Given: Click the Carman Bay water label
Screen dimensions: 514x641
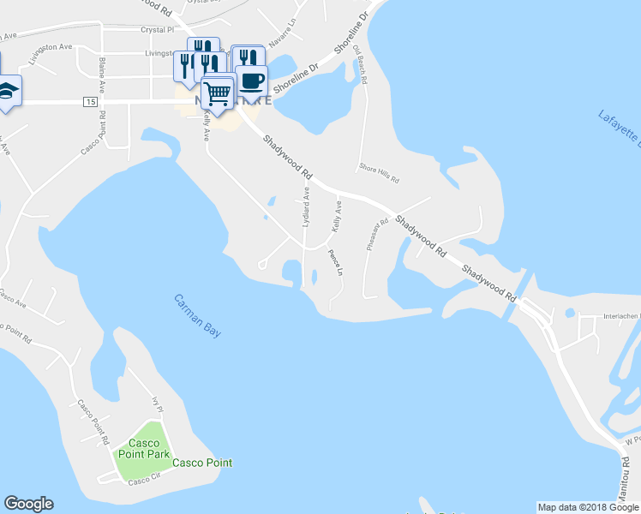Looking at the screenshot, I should (x=197, y=315).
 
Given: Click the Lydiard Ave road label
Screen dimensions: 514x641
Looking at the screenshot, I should (x=306, y=208).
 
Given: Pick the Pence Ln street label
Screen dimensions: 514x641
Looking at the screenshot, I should (x=336, y=261).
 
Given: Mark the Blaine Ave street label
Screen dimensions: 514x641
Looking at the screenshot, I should (x=102, y=75).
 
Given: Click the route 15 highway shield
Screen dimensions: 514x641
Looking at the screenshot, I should (x=90, y=102).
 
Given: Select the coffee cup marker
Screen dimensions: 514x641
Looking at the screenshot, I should (x=251, y=81).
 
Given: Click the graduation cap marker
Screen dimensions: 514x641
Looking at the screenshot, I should (x=7, y=90).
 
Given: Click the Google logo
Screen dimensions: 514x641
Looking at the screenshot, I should (x=28, y=504).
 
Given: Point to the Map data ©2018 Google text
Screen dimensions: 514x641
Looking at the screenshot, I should (x=587, y=507).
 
